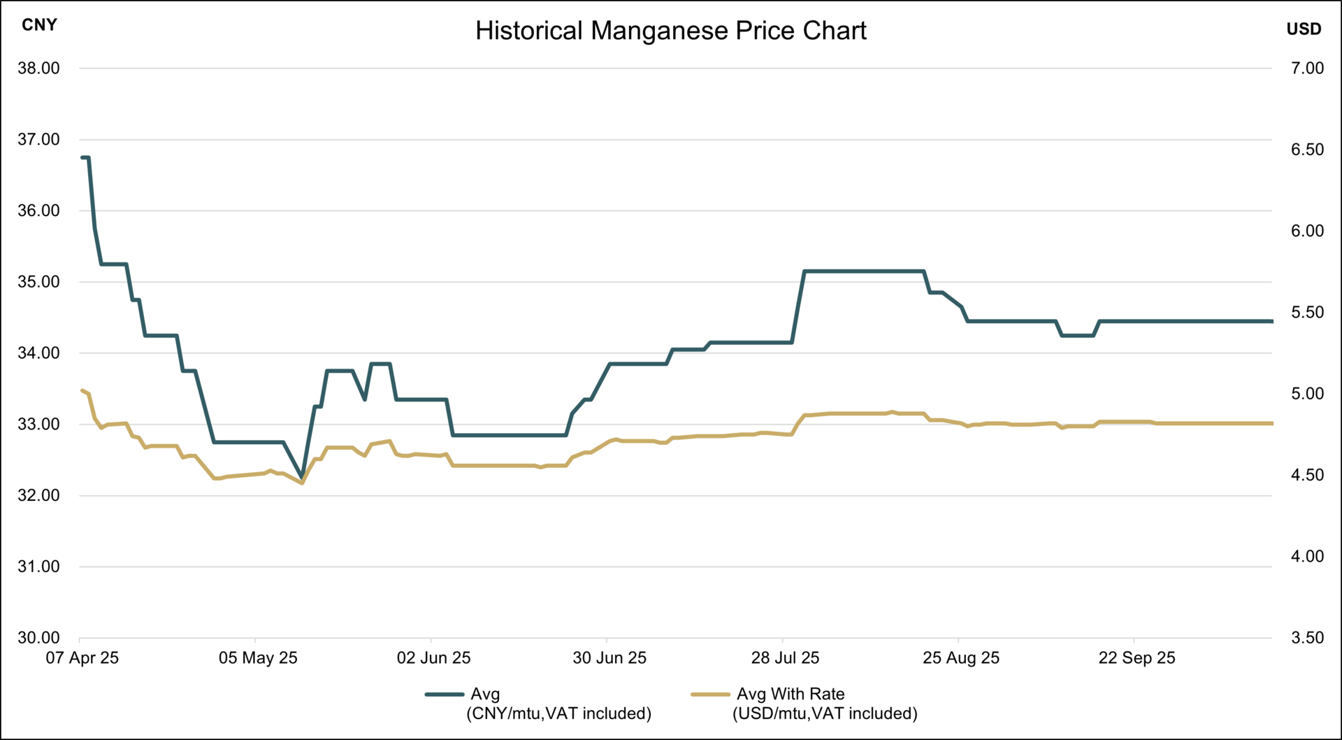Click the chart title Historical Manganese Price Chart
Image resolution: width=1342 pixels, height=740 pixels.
[x=670, y=31]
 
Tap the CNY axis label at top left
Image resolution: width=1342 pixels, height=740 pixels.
[x=39, y=25]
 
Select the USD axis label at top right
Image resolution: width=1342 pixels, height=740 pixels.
[x=1304, y=29]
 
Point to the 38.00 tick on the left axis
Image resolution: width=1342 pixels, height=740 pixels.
[x=39, y=69]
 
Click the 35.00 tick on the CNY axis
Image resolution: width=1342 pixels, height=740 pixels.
[x=39, y=282]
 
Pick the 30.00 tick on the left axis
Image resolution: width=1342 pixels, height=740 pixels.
[x=39, y=638]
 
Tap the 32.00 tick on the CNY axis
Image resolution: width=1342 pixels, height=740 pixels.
[x=39, y=495]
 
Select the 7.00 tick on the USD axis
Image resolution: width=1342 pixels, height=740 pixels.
[x=1307, y=69]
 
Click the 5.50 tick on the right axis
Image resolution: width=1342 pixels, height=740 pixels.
[x=1307, y=313]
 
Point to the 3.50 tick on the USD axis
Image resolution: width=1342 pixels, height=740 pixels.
[x=1307, y=638]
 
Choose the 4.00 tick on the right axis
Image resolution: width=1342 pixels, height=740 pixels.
[x=1307, y=557]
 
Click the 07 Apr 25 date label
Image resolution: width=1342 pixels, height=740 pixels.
[x=82, y=658]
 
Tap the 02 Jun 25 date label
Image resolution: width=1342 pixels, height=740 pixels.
[x=433, y=658]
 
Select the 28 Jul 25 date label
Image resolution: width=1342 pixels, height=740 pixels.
[x=785, y=658]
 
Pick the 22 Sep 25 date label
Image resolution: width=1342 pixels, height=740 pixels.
[x=1137, y=658]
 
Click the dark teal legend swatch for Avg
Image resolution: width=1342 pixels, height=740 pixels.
[x=445, y=695]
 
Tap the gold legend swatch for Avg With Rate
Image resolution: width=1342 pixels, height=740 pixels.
[x=710, y=695]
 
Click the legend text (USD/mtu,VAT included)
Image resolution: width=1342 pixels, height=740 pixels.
[x=825, y=714]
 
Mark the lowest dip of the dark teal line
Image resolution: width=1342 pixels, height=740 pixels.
[x=302, y=478]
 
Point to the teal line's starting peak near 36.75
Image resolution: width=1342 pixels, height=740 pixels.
[x=85, y=158]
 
